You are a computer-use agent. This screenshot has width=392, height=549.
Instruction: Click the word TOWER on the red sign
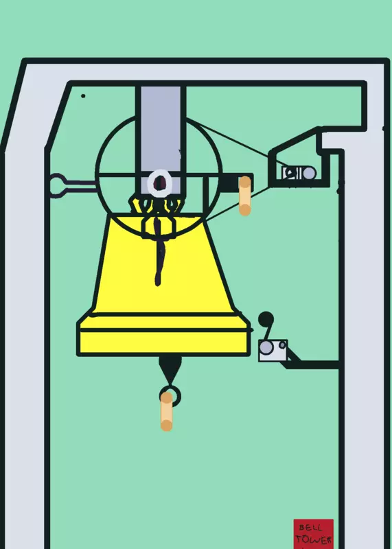(x=313, y=539)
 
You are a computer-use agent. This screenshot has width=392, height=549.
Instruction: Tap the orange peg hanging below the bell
(x=166, y=411)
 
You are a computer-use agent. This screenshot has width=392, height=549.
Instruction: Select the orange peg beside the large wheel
(x=244, y=196)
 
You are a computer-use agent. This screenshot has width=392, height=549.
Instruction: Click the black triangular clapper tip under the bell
(x=170, y=370)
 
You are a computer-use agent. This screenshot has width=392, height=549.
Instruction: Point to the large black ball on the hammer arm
(x=266, y=319)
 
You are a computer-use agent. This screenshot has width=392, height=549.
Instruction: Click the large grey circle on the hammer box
(x=266, y=347)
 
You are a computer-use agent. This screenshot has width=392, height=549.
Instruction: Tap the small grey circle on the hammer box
(x=282, y=345)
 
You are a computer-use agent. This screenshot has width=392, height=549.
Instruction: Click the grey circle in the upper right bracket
(x=309, y=174)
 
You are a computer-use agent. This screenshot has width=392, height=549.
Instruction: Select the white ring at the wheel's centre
(x=159, y=182)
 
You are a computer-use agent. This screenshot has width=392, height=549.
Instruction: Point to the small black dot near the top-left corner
(x=83, y=96)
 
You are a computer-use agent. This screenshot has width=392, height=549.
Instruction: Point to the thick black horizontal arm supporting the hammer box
(x=312, y=364)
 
